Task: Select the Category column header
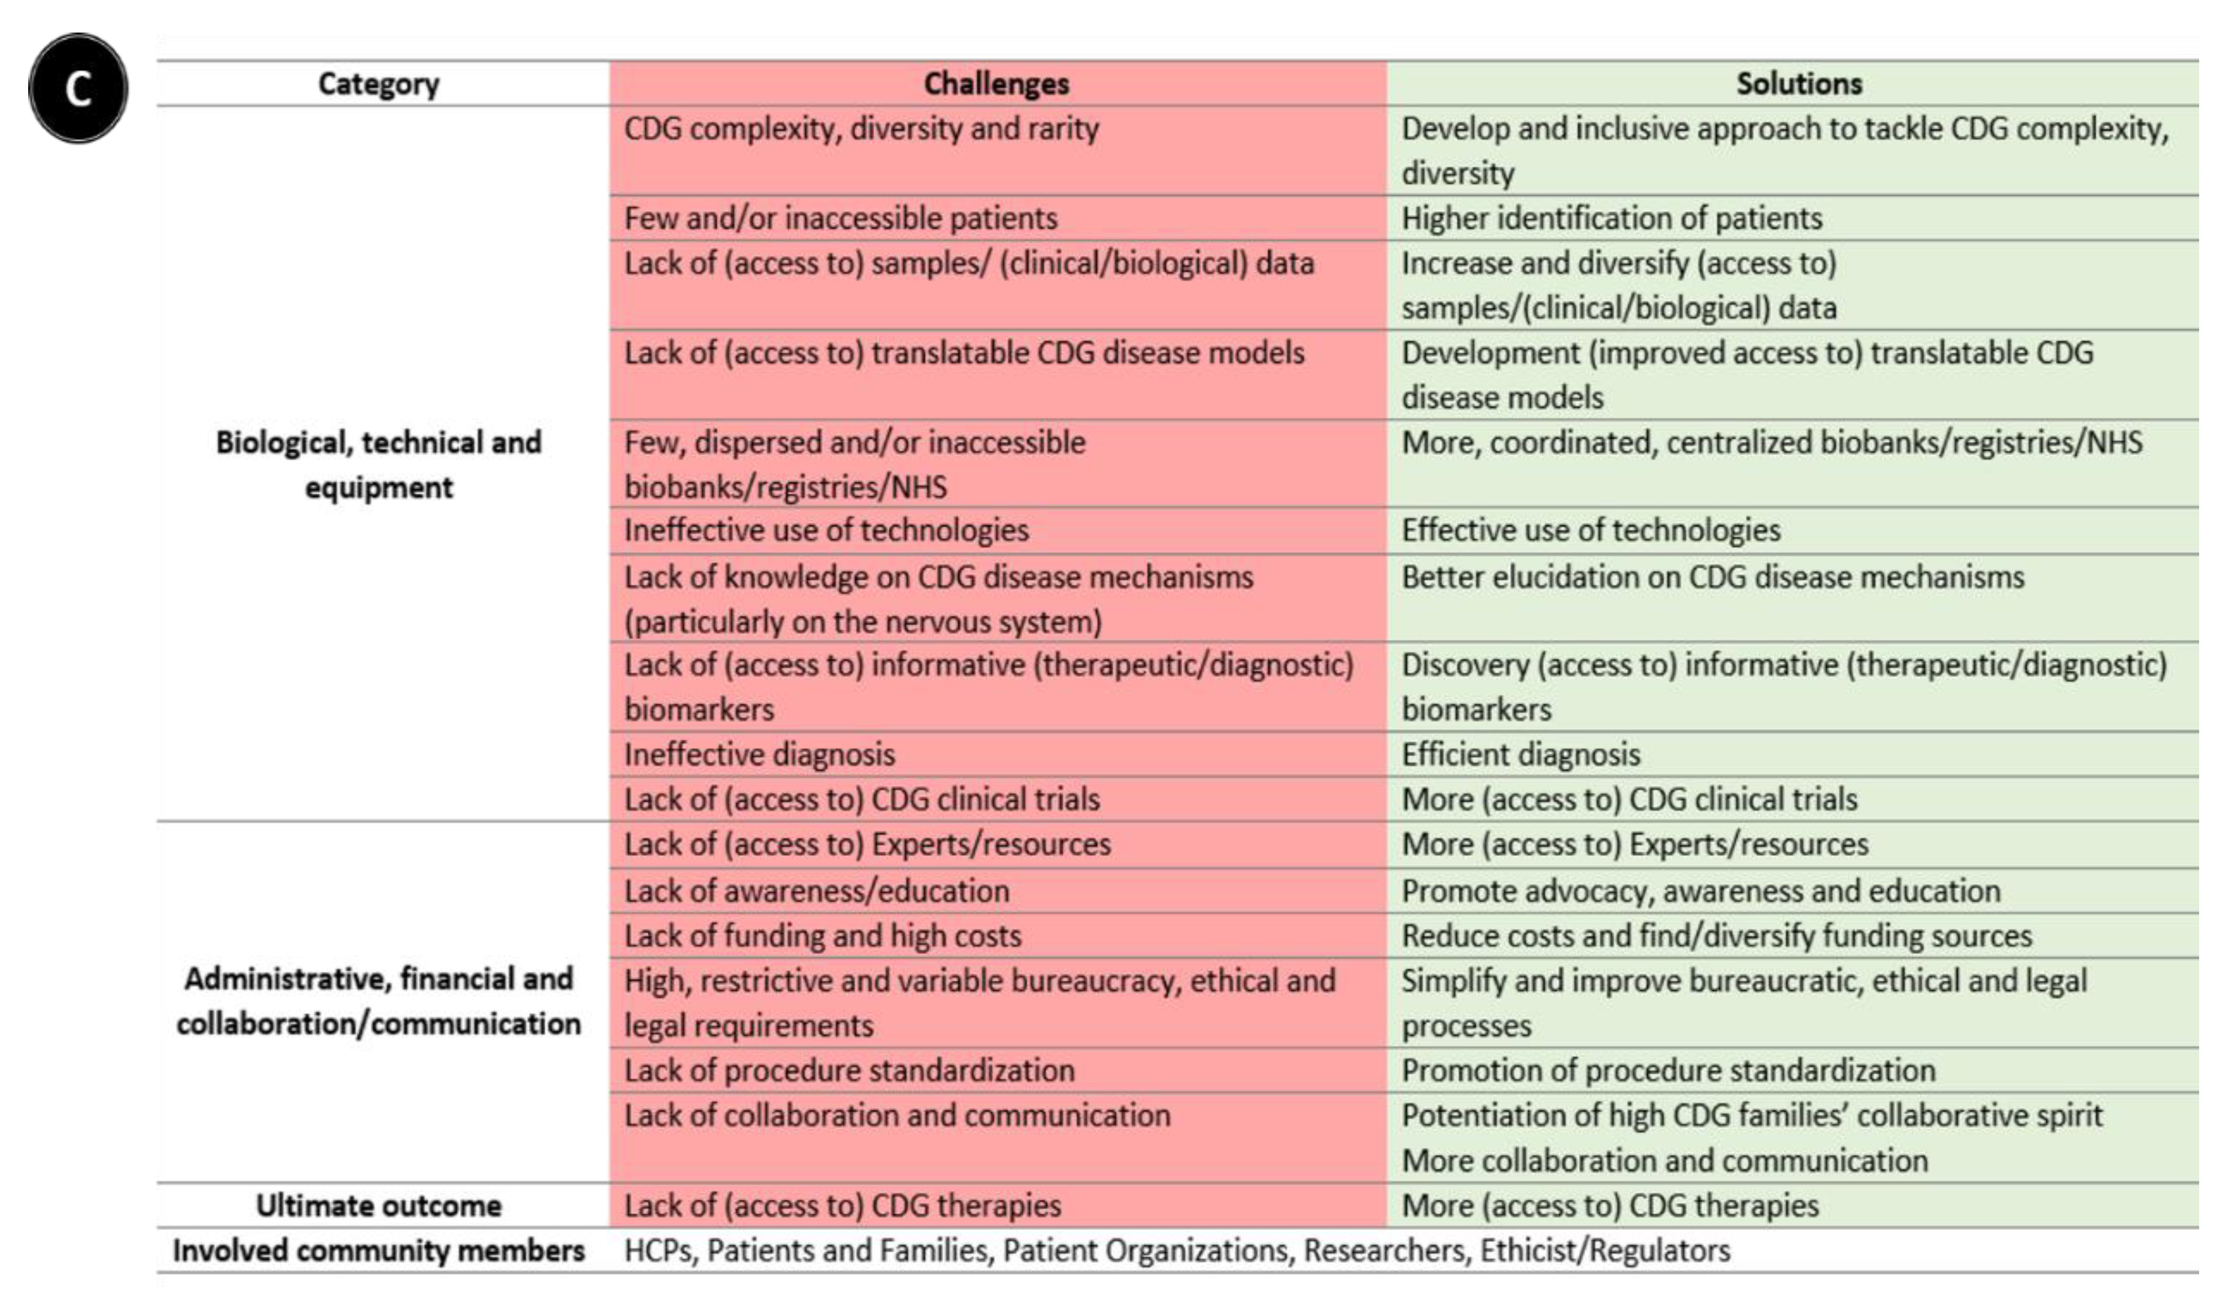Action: point(379,84)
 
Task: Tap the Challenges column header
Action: point(996,84)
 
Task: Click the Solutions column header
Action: point(1799,84)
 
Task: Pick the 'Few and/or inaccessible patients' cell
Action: point(841,218)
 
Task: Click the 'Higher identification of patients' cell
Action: point(1612,218)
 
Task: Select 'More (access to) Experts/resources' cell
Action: point(1634,844)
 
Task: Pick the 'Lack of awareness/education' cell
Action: point(816,891)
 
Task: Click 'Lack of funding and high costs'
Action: point(822,936)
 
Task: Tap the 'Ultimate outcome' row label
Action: point(379,1206)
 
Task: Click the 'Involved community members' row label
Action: point(379,1251)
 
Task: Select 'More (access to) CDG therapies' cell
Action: point(1610,1206)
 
